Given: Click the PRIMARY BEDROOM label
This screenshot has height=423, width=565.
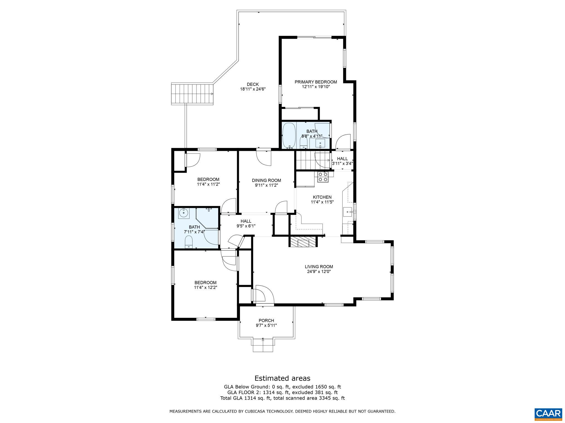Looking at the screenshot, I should (316, 82).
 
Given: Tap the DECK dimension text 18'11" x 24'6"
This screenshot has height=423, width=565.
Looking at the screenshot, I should (253, 89).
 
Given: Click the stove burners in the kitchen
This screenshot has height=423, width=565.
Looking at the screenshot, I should (323, 177).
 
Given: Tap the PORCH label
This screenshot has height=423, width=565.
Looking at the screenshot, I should (266, 320).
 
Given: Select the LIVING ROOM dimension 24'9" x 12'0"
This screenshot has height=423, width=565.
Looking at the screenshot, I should (319, 271).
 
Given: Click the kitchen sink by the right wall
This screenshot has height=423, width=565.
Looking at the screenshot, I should (348, 212).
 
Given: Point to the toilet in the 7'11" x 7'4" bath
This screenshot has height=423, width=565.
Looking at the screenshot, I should (189, 241).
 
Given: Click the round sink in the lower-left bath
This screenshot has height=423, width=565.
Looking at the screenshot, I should (183, 213).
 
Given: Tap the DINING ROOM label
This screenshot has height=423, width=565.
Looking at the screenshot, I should (266, 180).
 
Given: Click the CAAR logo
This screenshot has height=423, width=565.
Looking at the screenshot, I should (548, 413).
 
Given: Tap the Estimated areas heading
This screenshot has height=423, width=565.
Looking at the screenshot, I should (282, 378).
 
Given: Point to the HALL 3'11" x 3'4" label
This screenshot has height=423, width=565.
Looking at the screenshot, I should (342, 159).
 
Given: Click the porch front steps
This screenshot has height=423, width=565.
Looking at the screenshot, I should (263, 346).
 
